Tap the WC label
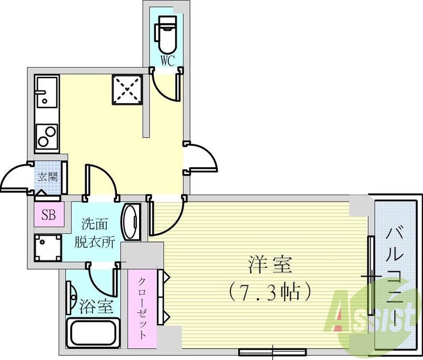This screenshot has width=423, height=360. tap(168, 61)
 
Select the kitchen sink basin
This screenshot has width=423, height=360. tap(46, 93)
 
